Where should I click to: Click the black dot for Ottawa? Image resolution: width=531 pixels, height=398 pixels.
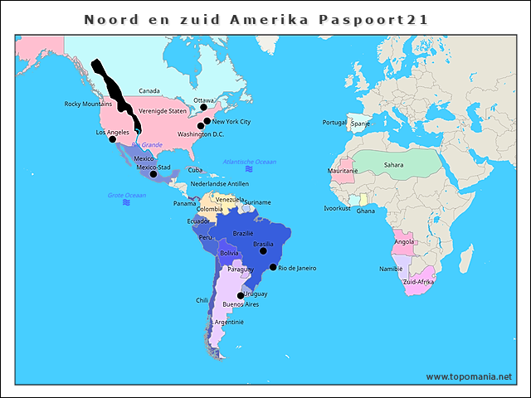pyautogui.click(x=204, y=107)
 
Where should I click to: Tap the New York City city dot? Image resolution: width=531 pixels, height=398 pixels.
pyautogui.click(x=207, y=121)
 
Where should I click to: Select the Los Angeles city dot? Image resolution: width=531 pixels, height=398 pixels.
pyautogui.click(x=113, y=138)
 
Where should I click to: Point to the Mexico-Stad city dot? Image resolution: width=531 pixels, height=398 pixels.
pyautogui.click(x=153, y=174)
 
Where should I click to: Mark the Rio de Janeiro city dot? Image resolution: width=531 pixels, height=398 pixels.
pyautogui.click(x=273, y=267)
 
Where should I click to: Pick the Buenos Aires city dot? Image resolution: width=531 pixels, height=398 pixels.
pyautogui.click(x=241, y=296)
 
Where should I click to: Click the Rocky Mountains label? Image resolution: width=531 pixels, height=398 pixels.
pyautogui.click(x=88, y=104)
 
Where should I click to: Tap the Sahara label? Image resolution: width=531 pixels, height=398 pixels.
pyautogui.click(x=394, y=165)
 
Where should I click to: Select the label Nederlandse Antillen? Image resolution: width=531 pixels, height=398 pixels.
pyautogui.click(x=219, y=184)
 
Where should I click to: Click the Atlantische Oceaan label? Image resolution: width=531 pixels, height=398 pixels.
pyautogui.click(x=250, y=162)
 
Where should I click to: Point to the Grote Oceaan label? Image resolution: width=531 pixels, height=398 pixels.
pyautogui.click(x=126, y=196)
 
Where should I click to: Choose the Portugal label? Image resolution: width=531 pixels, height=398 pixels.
pyautogui.click(x=334, y=123)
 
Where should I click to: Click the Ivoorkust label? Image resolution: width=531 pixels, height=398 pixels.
pyautogui.click(x=337, y=208)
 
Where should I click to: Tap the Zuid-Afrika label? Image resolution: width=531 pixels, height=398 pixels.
pyautogui.click(x=419, y=282)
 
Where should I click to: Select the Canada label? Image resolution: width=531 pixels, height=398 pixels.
pyautogui.click(x=149, y=91)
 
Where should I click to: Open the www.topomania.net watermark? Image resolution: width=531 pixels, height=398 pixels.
pyautogui.click(x=469, y=376)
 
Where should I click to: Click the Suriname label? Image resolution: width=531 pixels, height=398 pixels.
pyautogui.click(x=257, y=202)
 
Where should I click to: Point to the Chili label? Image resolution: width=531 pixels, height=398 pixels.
pyautogui.click(x=202, y=300)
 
